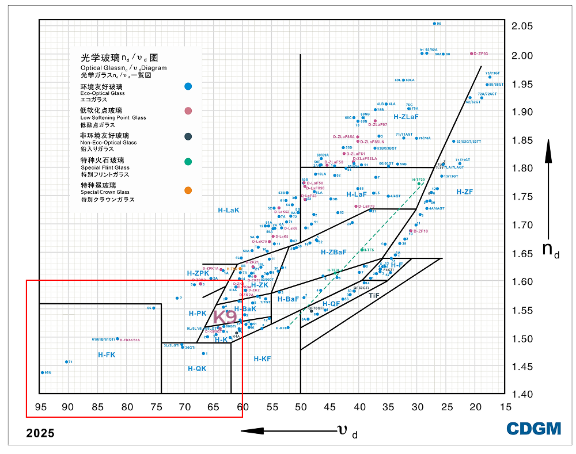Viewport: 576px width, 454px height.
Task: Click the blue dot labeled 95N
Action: coord(42,372)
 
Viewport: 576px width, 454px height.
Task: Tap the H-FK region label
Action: coord(107,355)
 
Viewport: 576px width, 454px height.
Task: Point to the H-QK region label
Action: coord(197,368)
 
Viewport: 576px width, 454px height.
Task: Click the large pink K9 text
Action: coord(225,316)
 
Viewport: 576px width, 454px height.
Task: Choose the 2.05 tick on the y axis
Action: coord(521,26)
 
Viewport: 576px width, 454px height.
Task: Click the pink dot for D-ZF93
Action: coord(472,54)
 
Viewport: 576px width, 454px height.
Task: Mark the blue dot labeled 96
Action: coord(434,24)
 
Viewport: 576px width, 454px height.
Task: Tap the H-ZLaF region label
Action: coord(406,117)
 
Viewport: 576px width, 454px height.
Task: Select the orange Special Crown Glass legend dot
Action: coord(188,190)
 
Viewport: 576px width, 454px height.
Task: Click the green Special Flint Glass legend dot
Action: coord(188,162)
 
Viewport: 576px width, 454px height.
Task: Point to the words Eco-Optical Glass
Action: coord(103,93)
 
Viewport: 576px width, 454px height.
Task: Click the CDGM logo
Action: coord(533,428)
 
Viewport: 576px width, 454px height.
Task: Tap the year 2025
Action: coord(40,433)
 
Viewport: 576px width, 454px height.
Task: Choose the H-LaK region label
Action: coord(228,211)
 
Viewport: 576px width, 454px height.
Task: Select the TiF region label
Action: coord(374,295)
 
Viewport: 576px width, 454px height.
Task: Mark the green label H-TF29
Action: coord(418,180)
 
